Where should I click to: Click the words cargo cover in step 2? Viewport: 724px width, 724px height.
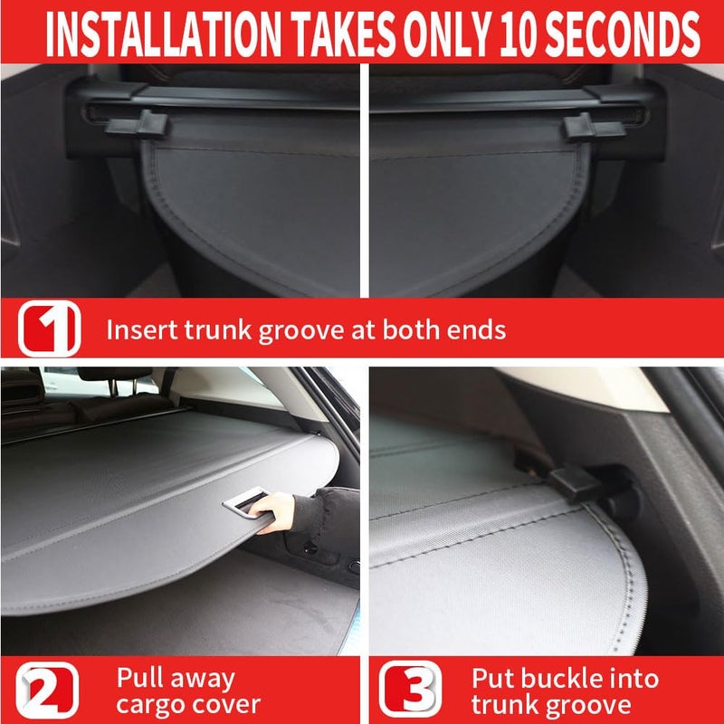tap(188, 705)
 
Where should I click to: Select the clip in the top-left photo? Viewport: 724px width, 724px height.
tap(137, 123)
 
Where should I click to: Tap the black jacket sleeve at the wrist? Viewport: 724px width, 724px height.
tap(308, 515)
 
